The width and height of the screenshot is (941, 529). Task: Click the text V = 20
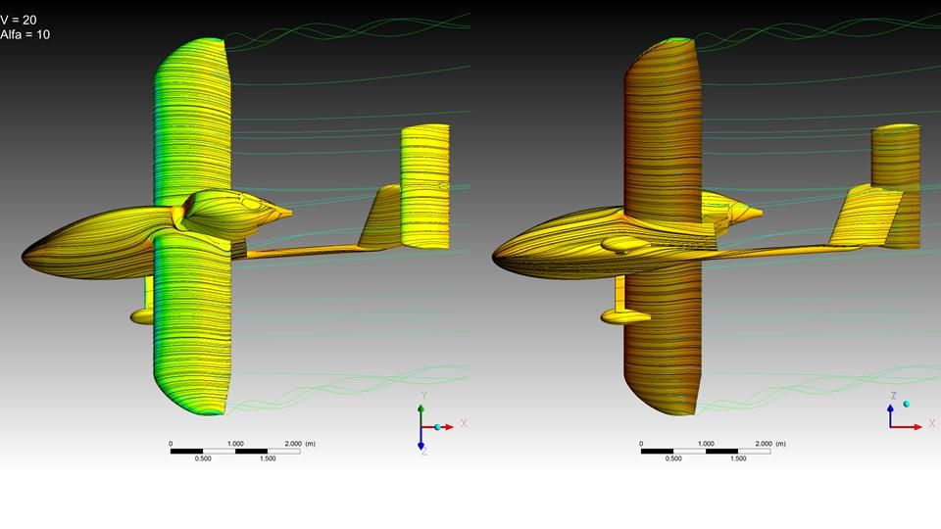pos(19,20)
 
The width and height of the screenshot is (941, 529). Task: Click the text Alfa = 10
pos(25,35)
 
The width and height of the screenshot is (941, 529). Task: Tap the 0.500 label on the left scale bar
pos(203,458)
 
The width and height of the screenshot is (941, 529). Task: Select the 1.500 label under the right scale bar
pos(738,458)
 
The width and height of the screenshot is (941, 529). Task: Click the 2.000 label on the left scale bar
pos(293,444)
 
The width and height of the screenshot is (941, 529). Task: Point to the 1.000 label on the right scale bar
pos(706,444)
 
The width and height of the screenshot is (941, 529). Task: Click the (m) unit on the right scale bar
pos(781,444)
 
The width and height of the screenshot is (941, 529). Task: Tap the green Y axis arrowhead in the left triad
pos(421,409)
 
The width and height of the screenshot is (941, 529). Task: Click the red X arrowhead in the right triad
pos(917,427)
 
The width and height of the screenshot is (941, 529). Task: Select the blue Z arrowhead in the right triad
pos(891,408)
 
